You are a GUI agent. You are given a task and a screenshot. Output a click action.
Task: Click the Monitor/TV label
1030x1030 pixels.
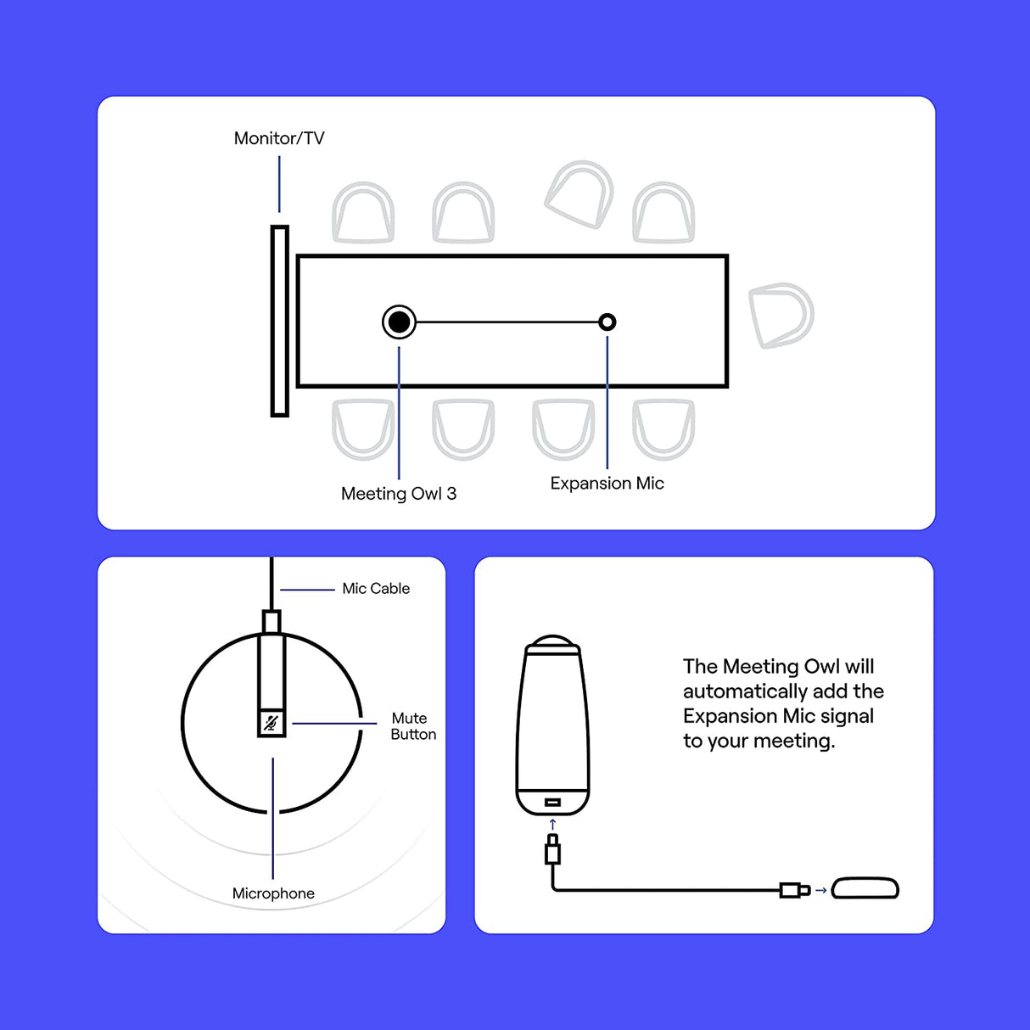[x=279, y=138]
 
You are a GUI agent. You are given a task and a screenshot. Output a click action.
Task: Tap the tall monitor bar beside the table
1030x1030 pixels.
[x=280, y=321]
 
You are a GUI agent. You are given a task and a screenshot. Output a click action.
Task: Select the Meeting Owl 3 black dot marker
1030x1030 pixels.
[x=399, y=322]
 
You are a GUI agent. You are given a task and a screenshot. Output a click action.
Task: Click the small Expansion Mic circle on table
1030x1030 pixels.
[x=607, y=322]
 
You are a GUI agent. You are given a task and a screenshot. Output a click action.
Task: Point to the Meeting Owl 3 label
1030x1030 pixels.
[x=399, y=494]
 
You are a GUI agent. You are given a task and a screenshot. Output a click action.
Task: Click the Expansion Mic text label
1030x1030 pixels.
[x=607, y=484]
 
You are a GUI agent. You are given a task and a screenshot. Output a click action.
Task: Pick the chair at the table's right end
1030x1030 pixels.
[x=781, y=315]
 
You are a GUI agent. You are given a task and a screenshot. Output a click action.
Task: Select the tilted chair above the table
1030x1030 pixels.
[x=580, y=194]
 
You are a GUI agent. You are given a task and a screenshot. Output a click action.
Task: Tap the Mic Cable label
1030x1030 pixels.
[x=376, y=589]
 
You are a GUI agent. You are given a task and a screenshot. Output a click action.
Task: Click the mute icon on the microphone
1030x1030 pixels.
[x=271, y=723]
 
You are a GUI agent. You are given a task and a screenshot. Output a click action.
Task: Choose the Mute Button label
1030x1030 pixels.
[x=412, y=726]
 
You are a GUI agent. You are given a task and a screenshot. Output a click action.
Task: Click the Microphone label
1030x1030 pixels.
[x=273, y=893]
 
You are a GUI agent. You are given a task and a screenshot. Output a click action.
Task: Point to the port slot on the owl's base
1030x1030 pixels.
[x=552, y=802]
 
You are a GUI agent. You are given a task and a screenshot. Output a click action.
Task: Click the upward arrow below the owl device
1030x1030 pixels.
[x=552, y=824]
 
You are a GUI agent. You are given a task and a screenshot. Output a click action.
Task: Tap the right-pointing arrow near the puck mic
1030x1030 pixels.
[x=820, y=890]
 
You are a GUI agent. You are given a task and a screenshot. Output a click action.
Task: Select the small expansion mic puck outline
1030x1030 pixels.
[x=865, y=888]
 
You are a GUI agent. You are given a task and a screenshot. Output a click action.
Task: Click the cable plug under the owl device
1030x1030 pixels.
[x=552, y=850]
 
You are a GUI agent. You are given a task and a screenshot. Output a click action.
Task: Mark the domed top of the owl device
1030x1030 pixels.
[x=552, y=641]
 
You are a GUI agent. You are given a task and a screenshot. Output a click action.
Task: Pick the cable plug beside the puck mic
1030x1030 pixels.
[x=794, y=890]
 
